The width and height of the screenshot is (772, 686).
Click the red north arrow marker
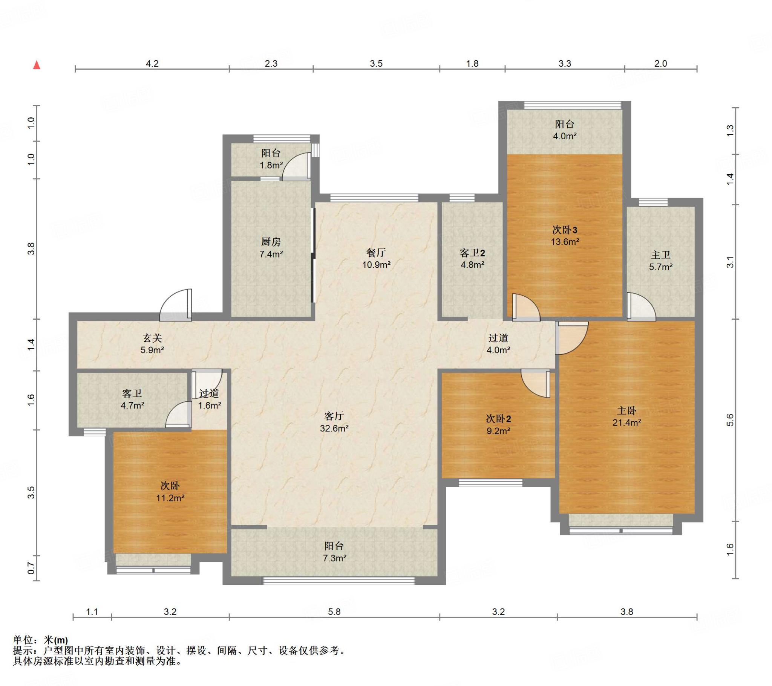(37, 65)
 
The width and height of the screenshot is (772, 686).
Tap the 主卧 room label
(626, 410)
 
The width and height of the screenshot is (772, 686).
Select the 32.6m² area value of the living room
(334, 428)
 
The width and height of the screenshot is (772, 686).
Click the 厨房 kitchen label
(271, 242)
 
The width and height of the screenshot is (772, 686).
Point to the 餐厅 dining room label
(376, 252)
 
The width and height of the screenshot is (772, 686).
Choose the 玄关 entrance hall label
(152, 338)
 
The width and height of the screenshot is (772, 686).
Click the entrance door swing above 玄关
(176, 305)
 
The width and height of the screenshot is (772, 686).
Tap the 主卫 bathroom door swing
(641, 307)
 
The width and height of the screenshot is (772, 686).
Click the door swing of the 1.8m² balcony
(297, 166)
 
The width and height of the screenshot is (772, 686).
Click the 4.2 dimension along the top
(152, 63)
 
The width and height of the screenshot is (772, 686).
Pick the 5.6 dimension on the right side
(730, 420)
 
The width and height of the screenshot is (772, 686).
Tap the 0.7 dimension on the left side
(31, 569)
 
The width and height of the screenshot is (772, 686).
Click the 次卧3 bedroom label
(565, 229)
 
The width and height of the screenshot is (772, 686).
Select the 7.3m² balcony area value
(335, 558)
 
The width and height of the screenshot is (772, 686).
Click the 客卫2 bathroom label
(472, 252)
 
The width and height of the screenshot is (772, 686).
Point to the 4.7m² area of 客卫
(132, 406)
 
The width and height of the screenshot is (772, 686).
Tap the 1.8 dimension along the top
(472, 63)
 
